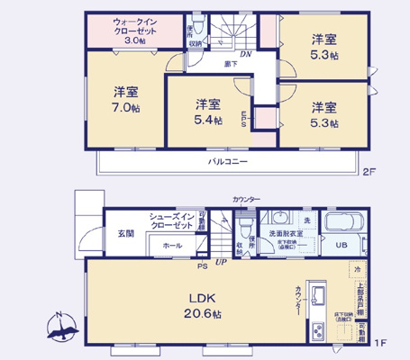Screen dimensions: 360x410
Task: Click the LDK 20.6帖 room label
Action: point(199,303)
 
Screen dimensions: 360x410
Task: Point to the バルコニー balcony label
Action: point(230,162)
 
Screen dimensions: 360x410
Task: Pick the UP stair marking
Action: point(220,263)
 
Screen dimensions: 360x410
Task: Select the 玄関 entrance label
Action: point(124,233)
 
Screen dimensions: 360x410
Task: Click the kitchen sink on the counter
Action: point(318,293)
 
